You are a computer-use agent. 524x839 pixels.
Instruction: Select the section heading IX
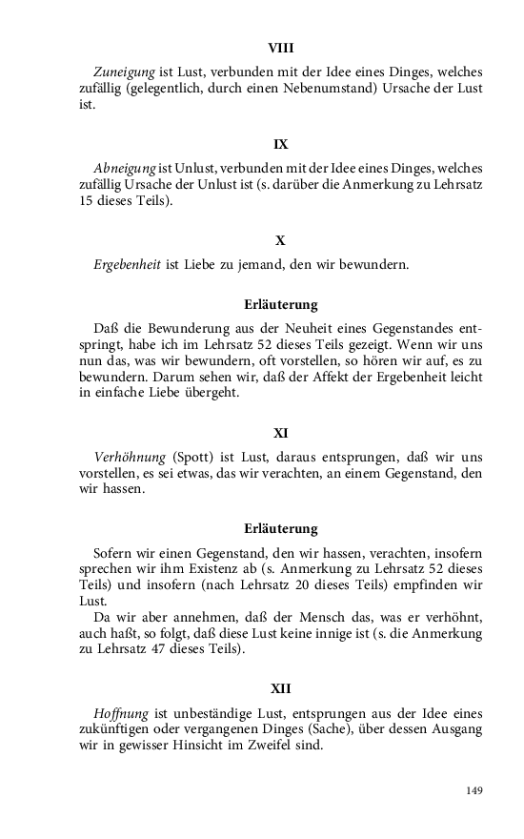click(x=280, y=144)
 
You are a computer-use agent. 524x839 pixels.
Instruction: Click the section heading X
click(x=280, y=240)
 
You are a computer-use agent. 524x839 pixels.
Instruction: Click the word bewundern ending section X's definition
click(x=375, y=264)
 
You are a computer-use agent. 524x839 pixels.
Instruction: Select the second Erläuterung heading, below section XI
click(x=280, y=527)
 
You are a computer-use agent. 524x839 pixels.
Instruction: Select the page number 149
click(x=474, y=790)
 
